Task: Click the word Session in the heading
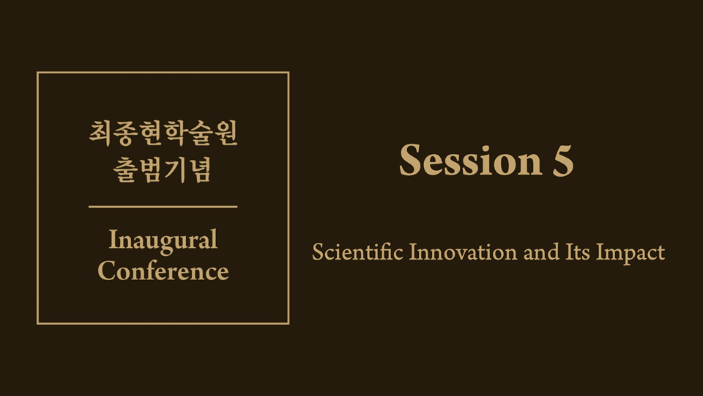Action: coord(471,161)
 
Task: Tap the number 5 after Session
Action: coord(563,161)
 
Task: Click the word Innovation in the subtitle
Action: coord(463,252)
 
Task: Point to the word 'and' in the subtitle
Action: coord(542,252)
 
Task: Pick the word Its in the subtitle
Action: coord(578,252)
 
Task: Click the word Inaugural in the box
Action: coord(163,241)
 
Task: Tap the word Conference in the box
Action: coord(163,271)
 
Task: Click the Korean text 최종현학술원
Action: coord(163,133)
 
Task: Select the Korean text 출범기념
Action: coord(163,169)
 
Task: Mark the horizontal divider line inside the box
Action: coord(163,207)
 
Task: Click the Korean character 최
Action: coord(101,133)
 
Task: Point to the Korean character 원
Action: coord(226,133)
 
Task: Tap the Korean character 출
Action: coord(125,169)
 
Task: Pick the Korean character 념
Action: coord(199,169)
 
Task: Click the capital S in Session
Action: coord(410,161)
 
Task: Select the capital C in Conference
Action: coord(107,271)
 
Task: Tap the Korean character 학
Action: coord(175,133)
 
